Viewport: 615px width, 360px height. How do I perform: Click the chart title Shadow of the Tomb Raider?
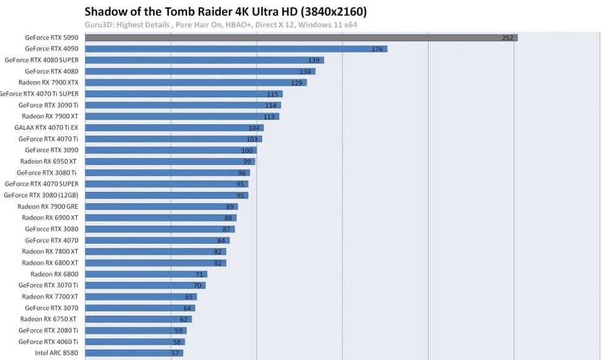point(225,12)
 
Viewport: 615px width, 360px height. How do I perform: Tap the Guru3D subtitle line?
point(221,25)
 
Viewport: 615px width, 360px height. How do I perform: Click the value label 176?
point(377,49)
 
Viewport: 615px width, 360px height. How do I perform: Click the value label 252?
point(507,38)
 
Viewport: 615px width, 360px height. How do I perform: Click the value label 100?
point(247,150)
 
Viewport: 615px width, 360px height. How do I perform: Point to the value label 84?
point(221,241)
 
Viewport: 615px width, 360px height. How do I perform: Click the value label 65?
point(189,297)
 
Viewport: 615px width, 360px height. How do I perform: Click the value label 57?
point(175,353)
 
